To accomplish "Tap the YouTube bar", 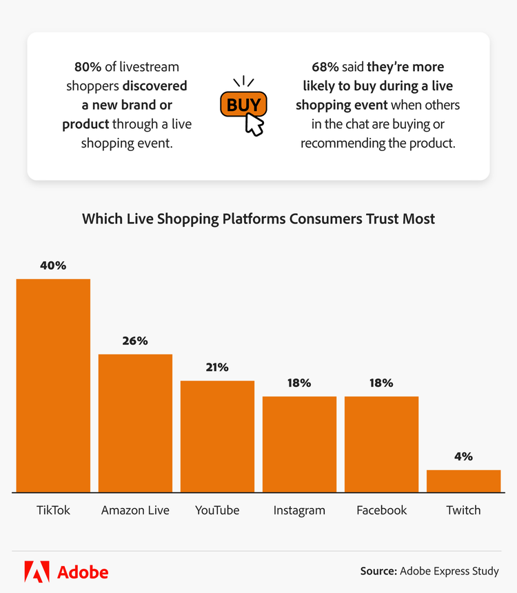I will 217,436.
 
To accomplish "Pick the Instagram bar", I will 299,444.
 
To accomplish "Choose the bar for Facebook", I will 381,444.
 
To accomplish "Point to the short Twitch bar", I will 463,481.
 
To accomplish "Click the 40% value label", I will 53,265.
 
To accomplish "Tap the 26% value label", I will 135,341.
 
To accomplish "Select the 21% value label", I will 217,368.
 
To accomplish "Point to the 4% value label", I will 463,456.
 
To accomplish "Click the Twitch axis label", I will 463,510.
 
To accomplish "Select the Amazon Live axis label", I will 135,510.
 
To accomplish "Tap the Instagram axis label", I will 299,510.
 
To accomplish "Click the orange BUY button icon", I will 243,105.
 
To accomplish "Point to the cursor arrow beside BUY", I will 255,125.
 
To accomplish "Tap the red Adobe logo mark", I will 37,572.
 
